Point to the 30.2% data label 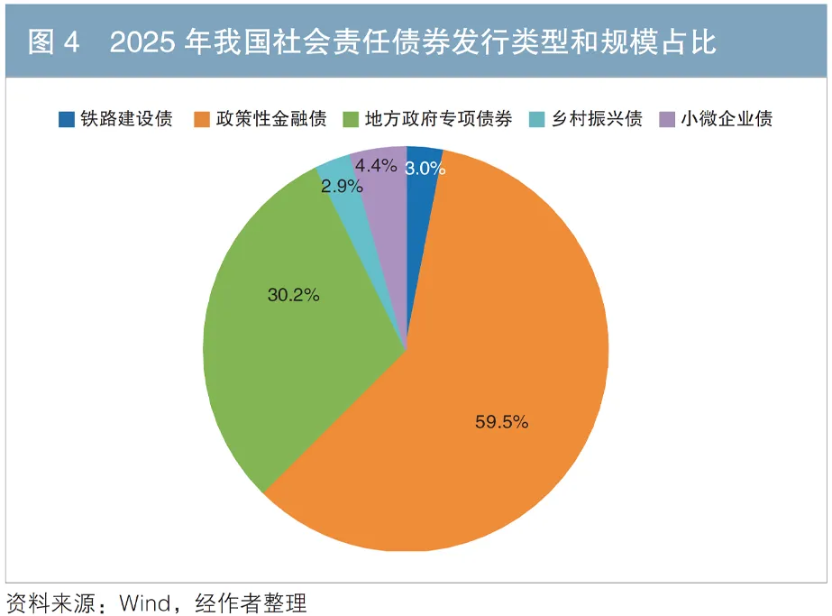pyautogui.click(x=294, y=294)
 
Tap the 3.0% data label pyautogui.click(x=423, y=168)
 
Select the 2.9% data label pyautogui.click(x=343, y=187)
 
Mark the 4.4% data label pyautogui.click(x=376, y=165)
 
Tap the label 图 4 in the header pyautogui.click(x=53, y=41)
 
